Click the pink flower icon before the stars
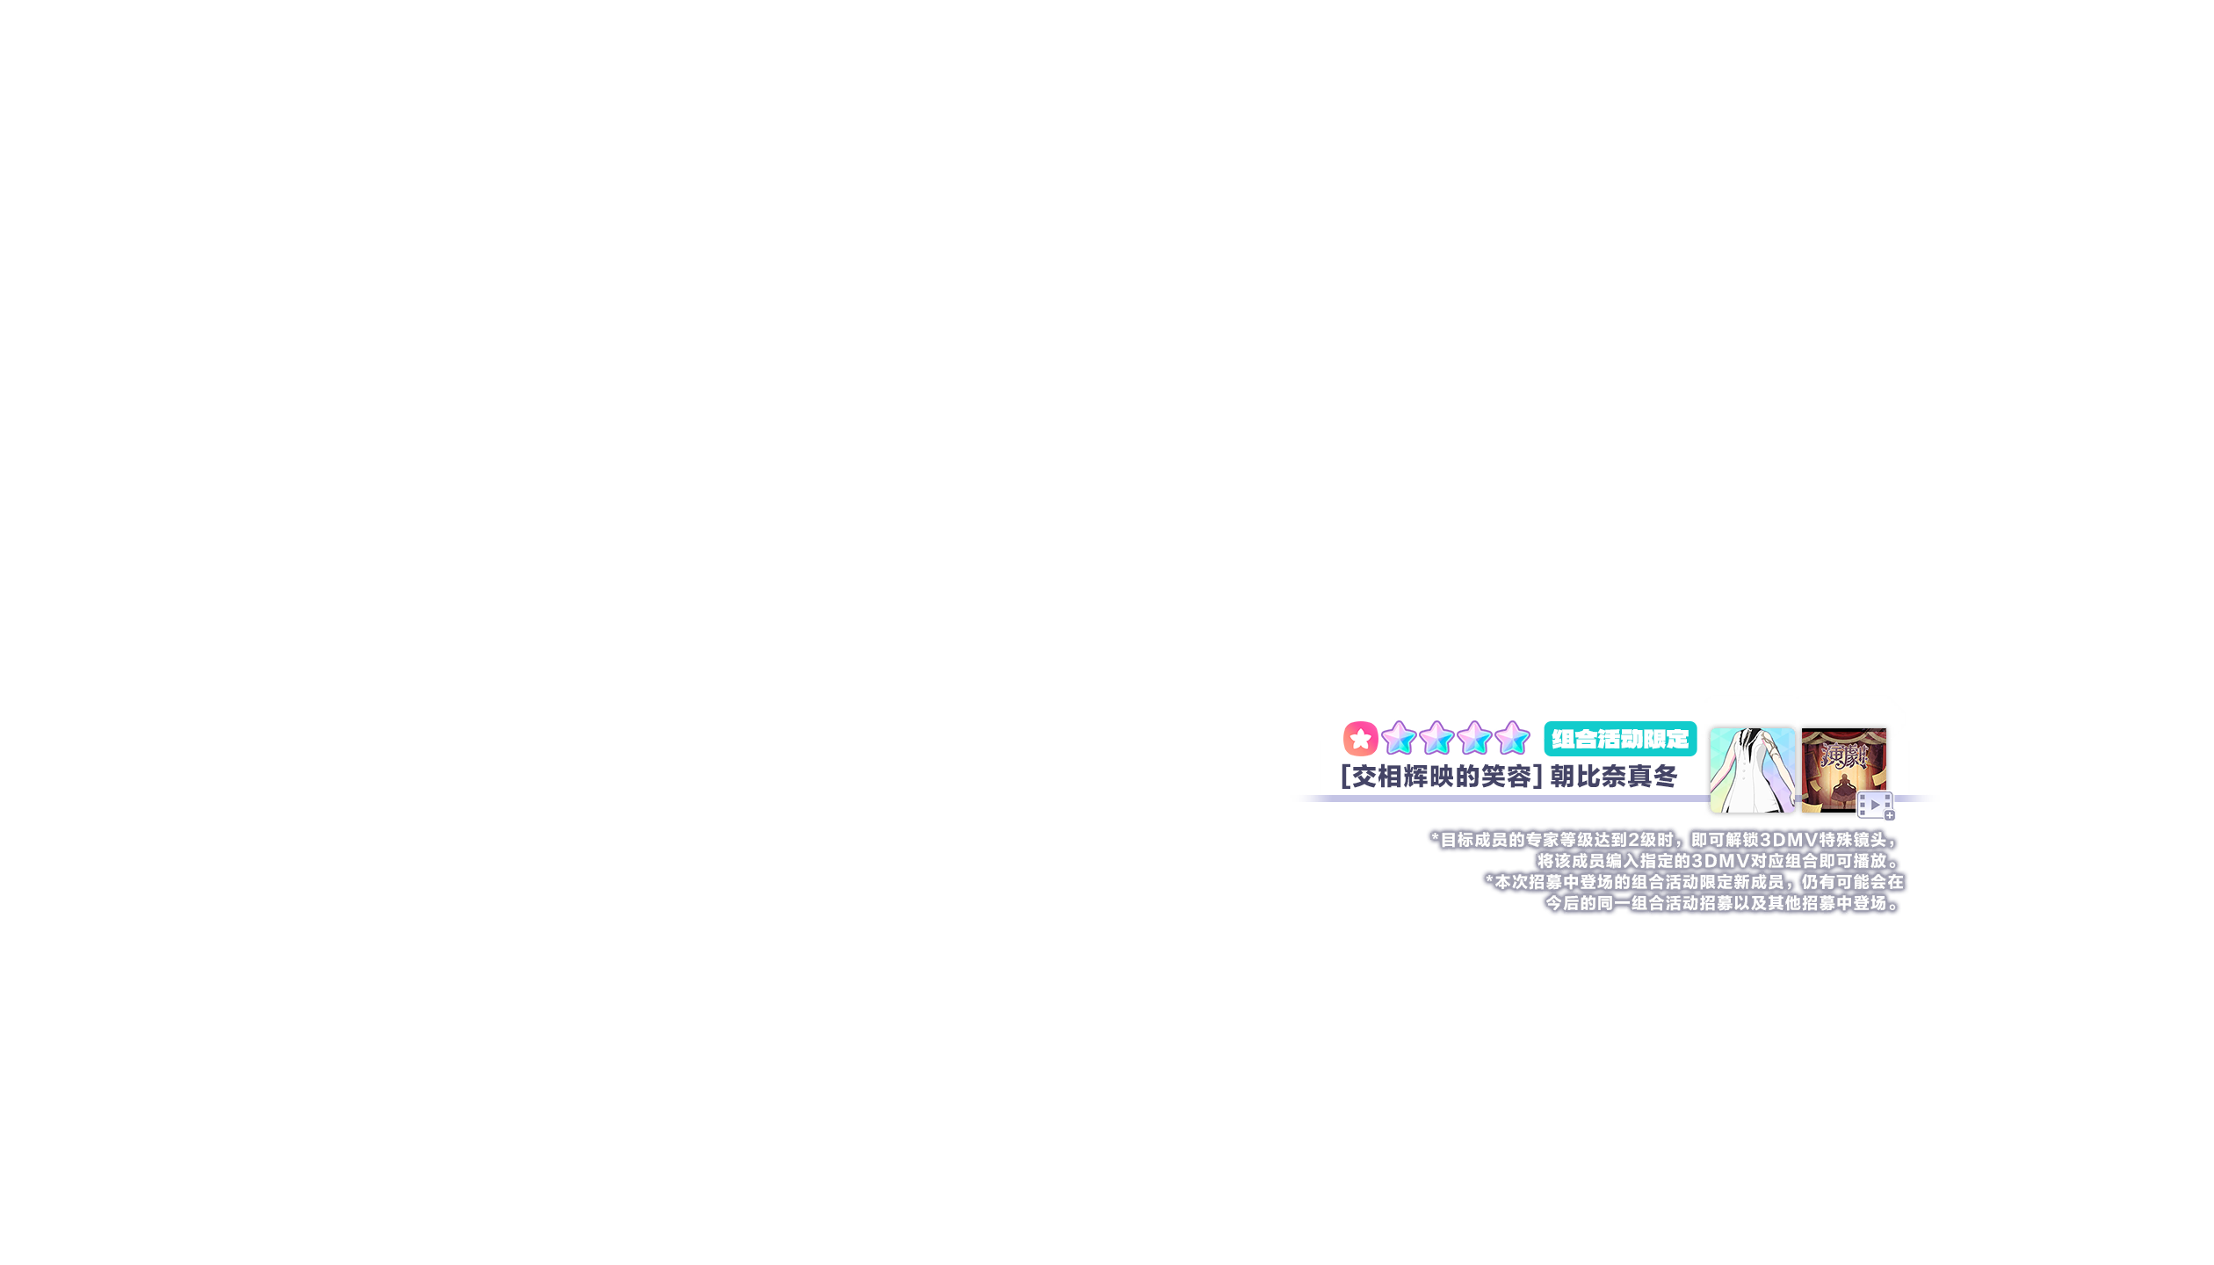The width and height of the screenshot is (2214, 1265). point(1360,739)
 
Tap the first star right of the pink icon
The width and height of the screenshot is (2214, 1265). point(1398,739)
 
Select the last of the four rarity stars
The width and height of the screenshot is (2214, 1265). point(1512,739)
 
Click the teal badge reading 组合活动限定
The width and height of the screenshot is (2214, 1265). point(1620,739)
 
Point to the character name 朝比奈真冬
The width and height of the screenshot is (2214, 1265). point(1613,777)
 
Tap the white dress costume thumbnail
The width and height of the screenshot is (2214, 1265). point(1752,770)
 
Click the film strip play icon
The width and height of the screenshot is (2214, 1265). point(1873,805)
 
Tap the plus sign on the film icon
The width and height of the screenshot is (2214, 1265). point(1889,816)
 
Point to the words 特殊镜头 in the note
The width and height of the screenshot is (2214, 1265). point(1852,841)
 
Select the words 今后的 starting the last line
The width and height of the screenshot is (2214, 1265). point(1571,903)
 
